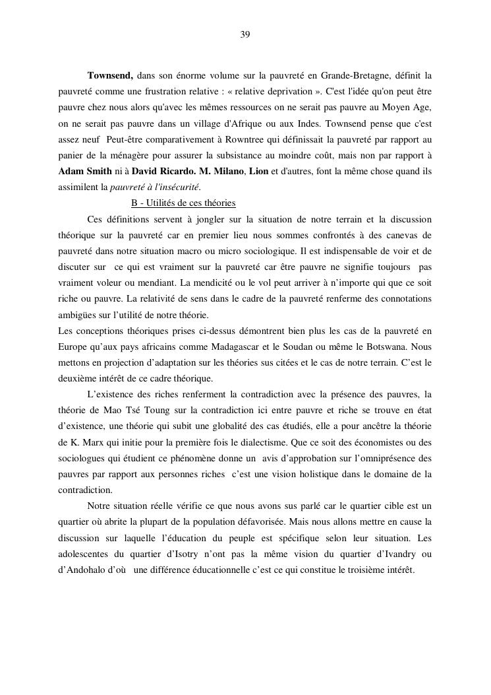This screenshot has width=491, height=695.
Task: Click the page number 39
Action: click(x=245, y=34)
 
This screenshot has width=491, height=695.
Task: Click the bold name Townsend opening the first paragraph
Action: click(x=110, y=75)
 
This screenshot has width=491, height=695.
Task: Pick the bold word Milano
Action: click(x=230, y=171)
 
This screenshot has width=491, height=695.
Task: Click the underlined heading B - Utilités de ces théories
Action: click(x=183, y=203)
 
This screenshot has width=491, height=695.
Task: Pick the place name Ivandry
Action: click(x=398, y=554)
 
